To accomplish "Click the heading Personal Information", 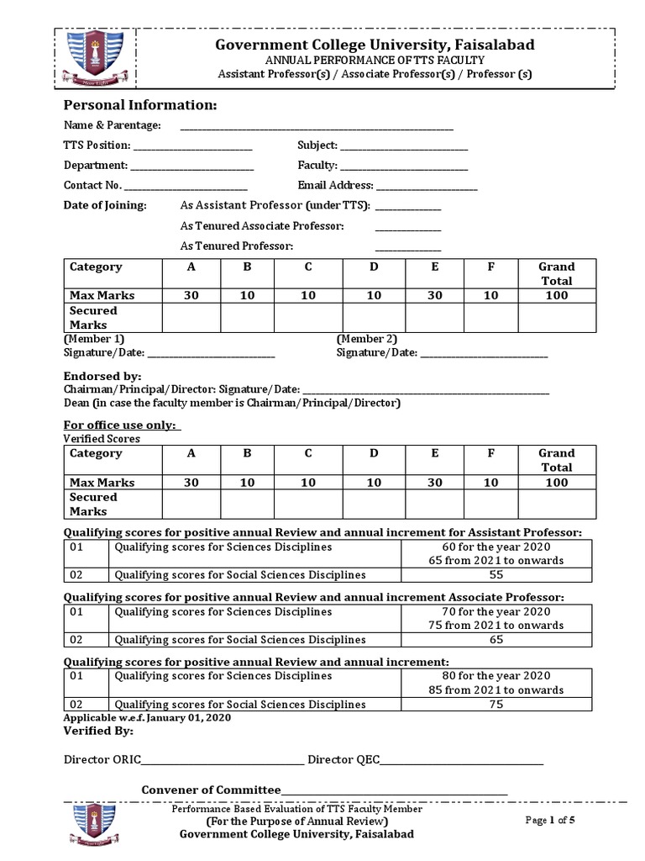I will (140, 105).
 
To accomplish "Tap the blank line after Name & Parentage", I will (317, 127).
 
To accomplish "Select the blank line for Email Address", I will (427, 188).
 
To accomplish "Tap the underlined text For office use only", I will (122, 425).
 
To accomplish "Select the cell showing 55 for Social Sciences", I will (496, 575).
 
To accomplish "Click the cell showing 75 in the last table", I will (496, 705).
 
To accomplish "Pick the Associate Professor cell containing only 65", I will (496, 640).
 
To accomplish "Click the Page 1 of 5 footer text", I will (550, 821).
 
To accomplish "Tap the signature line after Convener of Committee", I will (395, 792).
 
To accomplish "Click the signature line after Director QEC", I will (461, 763).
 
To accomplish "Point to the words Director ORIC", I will (102, 760).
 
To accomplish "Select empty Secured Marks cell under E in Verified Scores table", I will (434, 504).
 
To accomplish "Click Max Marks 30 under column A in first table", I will (191, 295).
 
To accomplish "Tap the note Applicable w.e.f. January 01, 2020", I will (147, 718).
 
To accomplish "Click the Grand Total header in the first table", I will (556, 273).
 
